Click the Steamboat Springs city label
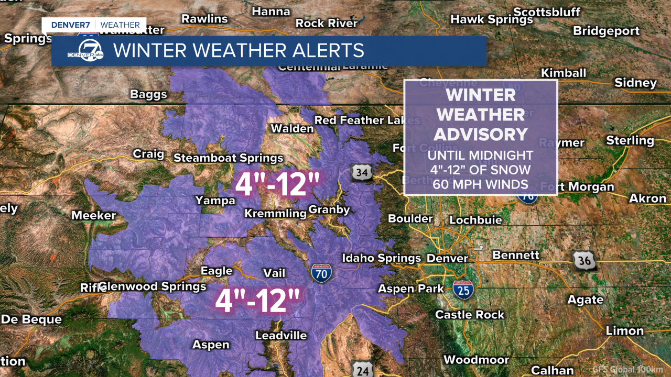228,158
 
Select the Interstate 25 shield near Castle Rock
463,289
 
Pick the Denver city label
447,258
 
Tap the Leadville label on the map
281,336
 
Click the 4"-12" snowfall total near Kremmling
277,185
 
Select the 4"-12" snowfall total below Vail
257,301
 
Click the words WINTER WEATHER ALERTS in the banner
239,51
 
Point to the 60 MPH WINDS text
480,184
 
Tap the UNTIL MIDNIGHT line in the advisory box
480,156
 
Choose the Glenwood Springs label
153,286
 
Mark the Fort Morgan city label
577,187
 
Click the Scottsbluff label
547,12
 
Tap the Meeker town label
93,215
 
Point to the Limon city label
624,331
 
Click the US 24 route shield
362,369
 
